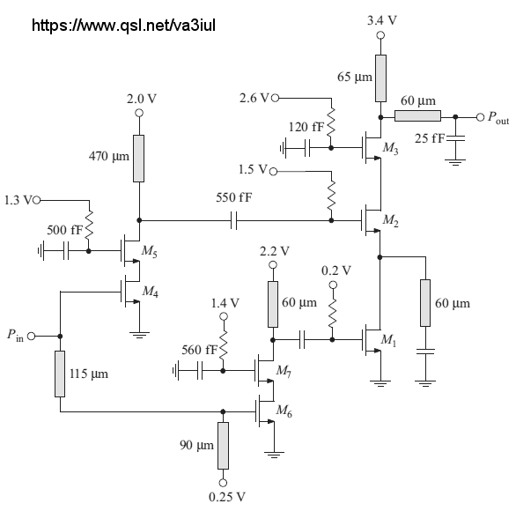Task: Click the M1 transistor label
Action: click(x=388, y=340)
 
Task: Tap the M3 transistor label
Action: click(x=391, y=148)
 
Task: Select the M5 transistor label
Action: click(x=150, y=251)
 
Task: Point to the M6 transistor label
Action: click(x=284, y=411)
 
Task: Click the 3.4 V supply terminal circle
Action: click(x=380, y=35)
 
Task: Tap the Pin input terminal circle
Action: click(x=32, y=337)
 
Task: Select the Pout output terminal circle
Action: click(x=480, y=117)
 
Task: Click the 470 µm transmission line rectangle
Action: click(x=139, y=159)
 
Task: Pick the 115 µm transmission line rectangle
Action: click(x=60, y=374)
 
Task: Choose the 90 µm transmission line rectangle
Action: click(x=223, y=446)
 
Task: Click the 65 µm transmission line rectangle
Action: click(x=380, y=78)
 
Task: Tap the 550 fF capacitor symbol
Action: click(x=233, y=220)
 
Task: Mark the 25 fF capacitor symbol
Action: click(x=455, y=137)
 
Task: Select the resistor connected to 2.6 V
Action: click(x=331, y=122)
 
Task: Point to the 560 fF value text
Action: click(x=199, y=350)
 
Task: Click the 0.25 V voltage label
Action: click(x=227, y=497)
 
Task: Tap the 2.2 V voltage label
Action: click(x=275, y=251)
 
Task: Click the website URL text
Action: click(x=123, y=26)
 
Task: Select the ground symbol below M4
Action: click(x=139, y=335)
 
